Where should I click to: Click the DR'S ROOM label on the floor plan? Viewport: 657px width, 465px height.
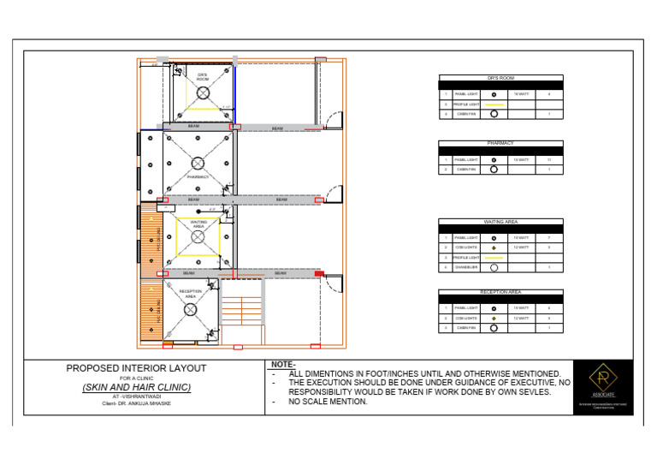click(202, 77)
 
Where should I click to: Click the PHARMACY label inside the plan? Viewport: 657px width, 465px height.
click(198, 176)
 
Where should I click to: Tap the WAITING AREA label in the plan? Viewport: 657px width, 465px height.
click(198, 224)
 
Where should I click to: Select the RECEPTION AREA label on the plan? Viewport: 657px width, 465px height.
click(190, 293)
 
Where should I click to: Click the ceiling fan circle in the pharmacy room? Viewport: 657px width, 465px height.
click(198, 163)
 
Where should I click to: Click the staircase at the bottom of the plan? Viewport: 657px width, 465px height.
click(241, 319)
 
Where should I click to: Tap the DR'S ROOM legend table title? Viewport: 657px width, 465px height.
click(500, 78)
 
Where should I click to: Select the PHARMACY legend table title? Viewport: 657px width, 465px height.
click(500, 144)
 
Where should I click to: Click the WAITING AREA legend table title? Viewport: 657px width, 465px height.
click(500, 222)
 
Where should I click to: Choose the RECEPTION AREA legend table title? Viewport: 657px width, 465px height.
click(500, 292)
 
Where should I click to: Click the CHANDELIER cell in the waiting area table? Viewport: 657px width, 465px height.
click(466, 267)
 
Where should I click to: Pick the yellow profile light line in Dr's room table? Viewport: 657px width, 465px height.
click(494, 104)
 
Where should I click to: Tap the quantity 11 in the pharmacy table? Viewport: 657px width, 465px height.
click(548, 160)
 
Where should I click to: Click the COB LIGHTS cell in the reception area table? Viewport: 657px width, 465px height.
click(466, 318)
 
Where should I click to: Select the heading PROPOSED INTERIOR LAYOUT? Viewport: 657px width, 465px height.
click(137, 368)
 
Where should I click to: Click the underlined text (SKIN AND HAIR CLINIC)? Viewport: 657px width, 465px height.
click(137, 387)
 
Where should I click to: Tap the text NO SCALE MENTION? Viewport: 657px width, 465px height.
click(328, 402)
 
